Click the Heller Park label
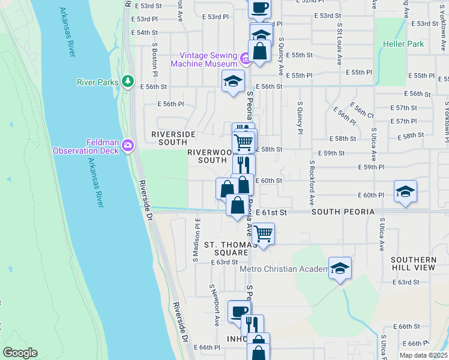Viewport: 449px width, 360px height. [x=403, y=44]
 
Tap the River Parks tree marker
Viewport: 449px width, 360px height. [x=127, y=81]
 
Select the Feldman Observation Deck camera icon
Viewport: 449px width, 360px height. [x=127, y=145]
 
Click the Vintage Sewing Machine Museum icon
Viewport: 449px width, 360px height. [x=245, y=59]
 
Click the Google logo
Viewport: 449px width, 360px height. [x=20, y=353]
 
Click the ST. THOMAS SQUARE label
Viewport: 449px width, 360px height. [x=226, y=248]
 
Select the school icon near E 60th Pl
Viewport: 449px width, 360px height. [x=406, y=191]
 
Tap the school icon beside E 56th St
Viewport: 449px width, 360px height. [x=233, y=81]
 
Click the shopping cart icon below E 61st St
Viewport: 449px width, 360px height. [x=263, y=234]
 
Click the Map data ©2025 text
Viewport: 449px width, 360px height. [x=423, y=355]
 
